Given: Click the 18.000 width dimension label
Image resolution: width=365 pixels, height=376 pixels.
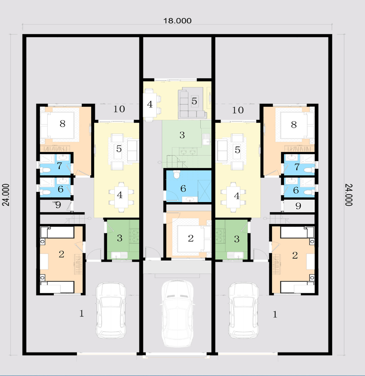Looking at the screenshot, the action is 177,21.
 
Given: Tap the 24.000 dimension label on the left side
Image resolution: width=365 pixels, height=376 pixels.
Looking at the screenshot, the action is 6,195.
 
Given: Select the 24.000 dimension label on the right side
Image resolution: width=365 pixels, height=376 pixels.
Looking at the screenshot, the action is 349,195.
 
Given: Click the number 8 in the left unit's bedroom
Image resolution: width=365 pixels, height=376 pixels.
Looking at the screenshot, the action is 62,124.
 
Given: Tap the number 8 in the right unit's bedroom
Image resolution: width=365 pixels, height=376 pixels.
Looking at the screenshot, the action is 294,125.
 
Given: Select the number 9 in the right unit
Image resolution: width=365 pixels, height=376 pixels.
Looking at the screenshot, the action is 298,206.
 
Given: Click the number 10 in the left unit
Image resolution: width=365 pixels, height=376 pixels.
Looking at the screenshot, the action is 119,109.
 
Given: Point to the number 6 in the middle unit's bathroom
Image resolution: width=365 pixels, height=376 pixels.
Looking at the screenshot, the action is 183,189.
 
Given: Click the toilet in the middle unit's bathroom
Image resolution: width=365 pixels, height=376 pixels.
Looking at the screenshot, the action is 177,174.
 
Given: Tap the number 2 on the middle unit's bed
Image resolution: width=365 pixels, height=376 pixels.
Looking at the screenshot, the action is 191,238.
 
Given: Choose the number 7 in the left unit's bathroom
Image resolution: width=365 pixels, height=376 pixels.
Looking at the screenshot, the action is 59,166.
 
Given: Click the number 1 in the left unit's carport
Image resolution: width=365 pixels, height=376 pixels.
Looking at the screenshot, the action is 82,313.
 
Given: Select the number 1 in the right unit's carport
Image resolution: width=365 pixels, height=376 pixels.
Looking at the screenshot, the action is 275,315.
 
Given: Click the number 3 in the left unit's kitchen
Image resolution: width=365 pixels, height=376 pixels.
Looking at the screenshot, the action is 120,238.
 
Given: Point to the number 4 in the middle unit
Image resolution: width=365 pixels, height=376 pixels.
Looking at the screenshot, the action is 150,104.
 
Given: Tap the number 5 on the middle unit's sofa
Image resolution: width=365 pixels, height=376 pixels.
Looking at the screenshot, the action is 194,101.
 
